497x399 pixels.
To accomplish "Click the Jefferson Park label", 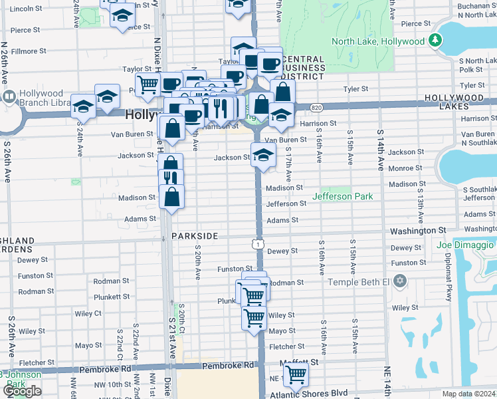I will coord(342,196).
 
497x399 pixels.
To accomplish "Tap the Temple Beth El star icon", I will coord(399,281).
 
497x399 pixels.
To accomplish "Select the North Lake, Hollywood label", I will coord(377,41).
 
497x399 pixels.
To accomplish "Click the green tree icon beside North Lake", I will coord(435,41).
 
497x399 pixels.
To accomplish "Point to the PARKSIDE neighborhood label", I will coord(194,236).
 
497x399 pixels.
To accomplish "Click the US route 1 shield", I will coord(256,245).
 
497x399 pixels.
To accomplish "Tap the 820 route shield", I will coord(316,107).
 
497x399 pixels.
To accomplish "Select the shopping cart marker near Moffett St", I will coord(295,375).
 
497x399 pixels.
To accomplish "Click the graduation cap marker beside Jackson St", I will coord(263,157).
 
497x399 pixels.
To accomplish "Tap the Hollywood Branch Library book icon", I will coord(9,98).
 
